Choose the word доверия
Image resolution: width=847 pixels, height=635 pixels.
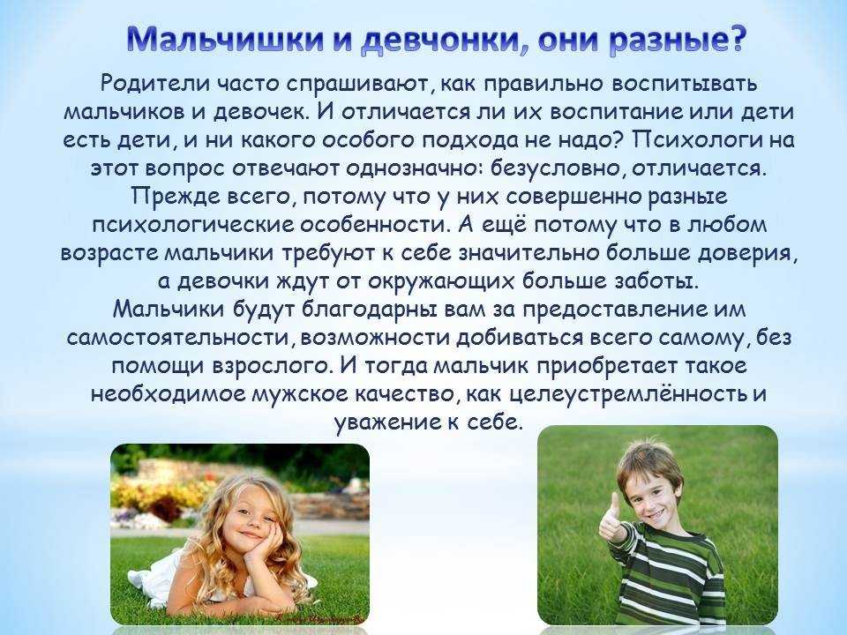tap(747, 253)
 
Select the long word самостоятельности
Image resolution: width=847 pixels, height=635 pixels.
tap(180, 338)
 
